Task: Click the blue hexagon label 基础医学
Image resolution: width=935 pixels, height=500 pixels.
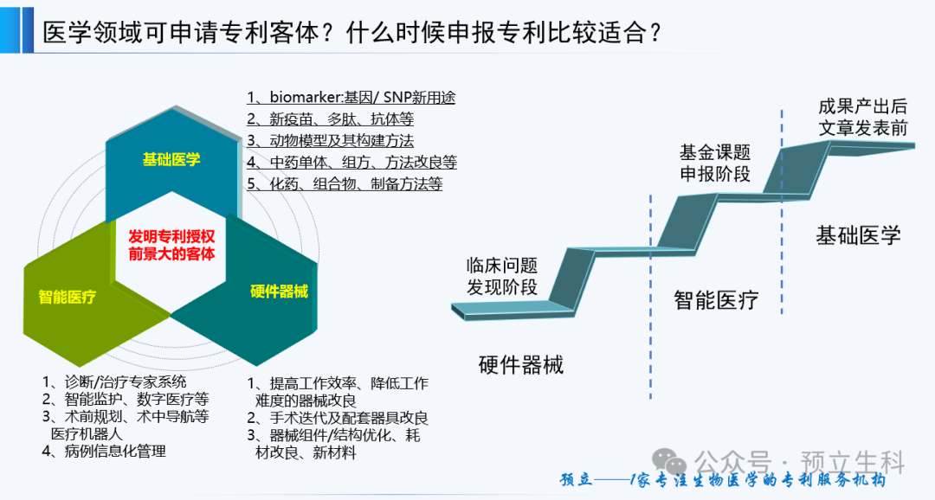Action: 171,159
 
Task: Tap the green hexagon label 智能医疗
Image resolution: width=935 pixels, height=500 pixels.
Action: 67,297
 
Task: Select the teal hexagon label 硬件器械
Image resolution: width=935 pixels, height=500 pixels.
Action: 279,291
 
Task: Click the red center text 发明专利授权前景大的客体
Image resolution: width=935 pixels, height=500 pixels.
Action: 171,245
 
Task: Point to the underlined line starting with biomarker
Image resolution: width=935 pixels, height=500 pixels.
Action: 351,97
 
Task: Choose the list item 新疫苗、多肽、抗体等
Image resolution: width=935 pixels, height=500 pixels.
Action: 331,119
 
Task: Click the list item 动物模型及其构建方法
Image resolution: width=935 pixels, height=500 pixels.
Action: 331,141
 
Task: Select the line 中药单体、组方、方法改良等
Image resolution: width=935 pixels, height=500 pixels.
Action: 351,162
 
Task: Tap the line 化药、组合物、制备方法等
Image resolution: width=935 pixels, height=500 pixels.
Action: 345,183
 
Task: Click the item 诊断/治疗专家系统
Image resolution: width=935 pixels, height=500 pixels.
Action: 114,381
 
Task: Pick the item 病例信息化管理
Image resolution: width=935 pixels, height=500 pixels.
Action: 104,452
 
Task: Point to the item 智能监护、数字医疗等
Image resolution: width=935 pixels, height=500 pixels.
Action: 126,399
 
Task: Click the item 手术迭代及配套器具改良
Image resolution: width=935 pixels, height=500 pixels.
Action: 338,418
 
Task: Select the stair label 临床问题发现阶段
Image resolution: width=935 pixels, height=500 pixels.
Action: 502,276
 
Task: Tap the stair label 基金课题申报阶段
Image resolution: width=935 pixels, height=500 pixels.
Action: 715,163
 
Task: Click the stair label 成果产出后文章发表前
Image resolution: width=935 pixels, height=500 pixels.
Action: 863,117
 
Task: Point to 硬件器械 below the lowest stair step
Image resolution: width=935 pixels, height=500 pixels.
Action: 521,365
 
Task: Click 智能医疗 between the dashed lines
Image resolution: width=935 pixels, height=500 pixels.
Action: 716,300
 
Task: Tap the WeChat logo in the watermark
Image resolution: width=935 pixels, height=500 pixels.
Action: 669,462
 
